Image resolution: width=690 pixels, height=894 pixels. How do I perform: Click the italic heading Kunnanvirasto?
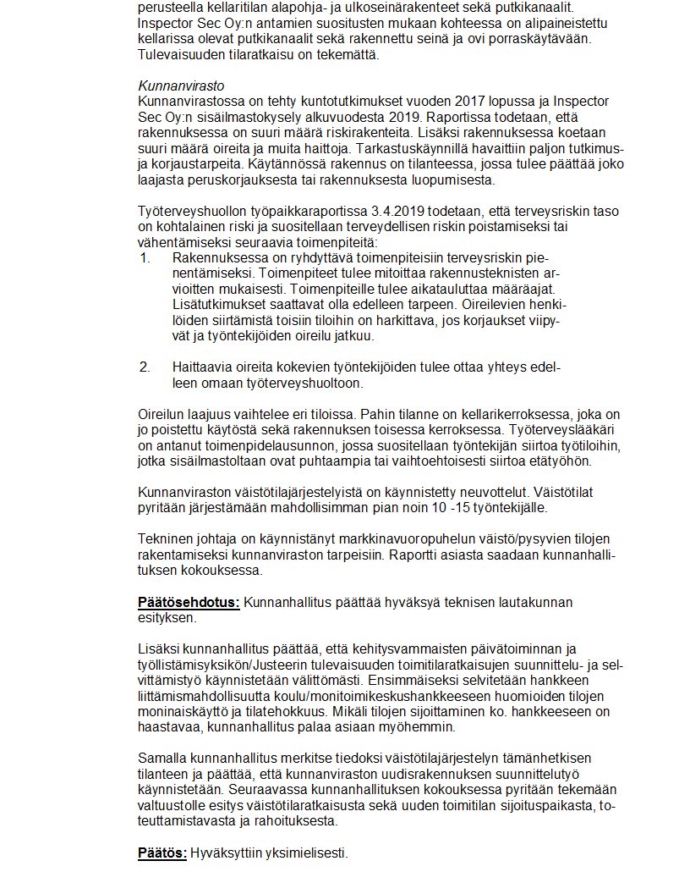click(183, 86)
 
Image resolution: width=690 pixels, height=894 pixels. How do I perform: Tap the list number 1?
click(145, 257)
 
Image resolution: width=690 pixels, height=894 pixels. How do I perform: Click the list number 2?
click(145, 368)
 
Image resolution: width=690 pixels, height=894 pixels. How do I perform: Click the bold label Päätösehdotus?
click(189, 603)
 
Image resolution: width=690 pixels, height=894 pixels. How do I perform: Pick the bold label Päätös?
click(162, 853)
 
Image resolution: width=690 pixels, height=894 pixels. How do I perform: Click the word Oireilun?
click(163, 414)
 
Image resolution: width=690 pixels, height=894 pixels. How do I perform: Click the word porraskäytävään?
click(544, 40)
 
